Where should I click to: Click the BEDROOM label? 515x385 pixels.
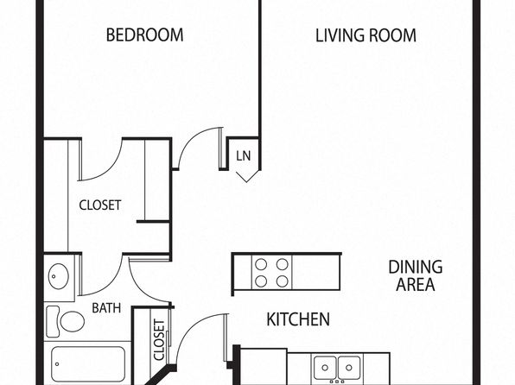[x=145, y=35]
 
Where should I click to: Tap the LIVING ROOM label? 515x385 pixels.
[x=366, y=35]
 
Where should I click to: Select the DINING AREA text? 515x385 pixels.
[x=416, y=275]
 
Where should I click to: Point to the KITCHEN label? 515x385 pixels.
[x=298, y=319]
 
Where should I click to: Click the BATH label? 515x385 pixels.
[x=106, y=308]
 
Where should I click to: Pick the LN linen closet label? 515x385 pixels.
[x=244, y=155]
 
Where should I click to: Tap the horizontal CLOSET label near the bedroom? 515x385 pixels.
[x=100, y=205]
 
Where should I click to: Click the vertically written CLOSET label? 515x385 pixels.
[x=159, y=340]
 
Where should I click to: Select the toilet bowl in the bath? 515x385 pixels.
[x=72, y=322]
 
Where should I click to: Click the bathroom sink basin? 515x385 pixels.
[x=59, y=276]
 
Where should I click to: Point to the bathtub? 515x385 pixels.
[x=88, y=363]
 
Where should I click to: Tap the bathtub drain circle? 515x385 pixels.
[x=57, y=364]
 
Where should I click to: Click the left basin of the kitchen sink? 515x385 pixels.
[x=325, y=367]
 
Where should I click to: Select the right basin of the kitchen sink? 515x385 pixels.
[x=349, y=367]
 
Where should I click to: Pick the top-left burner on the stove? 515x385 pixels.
[x=261, y=264]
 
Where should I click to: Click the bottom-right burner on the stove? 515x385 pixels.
[x=283, y=281]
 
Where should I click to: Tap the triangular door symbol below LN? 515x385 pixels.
[x=246, y=176]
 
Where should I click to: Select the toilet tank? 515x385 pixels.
[x=53, y=322]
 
